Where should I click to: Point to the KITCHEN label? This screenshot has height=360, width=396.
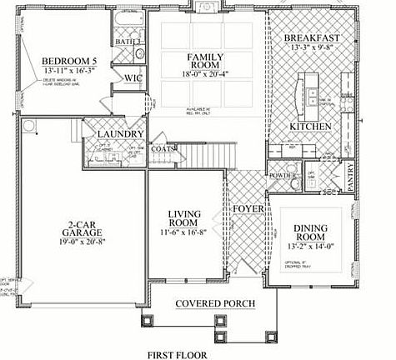(x=311, y=126)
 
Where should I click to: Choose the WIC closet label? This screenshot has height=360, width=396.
(x=133, y=79)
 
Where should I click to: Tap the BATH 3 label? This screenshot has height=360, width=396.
(x=128, y=40)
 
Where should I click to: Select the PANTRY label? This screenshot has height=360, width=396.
(x=351, y=178)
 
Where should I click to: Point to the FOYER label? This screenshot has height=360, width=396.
(x=248, y=208)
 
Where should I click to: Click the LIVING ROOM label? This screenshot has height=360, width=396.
(x=184, y=219)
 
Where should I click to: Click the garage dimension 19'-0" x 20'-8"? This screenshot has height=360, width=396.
(x=82, y=244)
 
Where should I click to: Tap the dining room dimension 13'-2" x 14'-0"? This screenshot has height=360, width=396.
(x=311, y=247)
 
